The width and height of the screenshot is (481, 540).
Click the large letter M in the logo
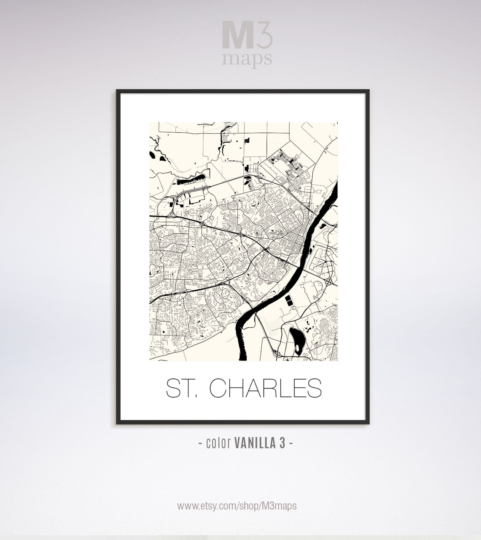[x=238, y=35]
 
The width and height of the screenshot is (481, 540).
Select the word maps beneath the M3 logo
[x=246, y=58]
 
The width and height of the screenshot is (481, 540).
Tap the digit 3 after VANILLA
[x=282, y=443]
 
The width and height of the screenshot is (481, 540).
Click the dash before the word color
[x=200, y=444]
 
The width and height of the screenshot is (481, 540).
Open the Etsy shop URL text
[x=237, y=505]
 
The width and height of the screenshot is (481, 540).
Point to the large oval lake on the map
[x=296, y=339]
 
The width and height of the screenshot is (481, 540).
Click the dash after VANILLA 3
[x=291, y=444]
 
